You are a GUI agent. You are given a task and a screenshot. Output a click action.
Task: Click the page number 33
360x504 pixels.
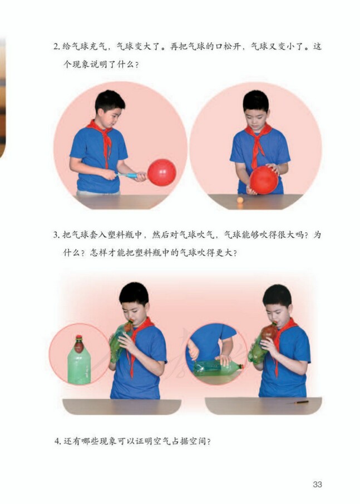point(317,484)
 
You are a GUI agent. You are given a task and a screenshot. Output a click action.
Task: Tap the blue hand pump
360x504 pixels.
point(129,175)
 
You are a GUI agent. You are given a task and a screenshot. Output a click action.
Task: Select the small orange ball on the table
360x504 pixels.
point(240,199)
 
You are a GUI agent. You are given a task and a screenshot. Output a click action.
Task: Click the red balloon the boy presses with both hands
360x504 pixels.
point(263,180)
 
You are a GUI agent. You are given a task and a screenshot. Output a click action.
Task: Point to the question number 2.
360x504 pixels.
point(56,47)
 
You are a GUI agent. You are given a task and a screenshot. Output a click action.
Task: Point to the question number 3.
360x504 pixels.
point(56,235)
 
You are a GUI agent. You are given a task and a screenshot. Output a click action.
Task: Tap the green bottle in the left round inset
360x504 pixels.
point(79,368)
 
